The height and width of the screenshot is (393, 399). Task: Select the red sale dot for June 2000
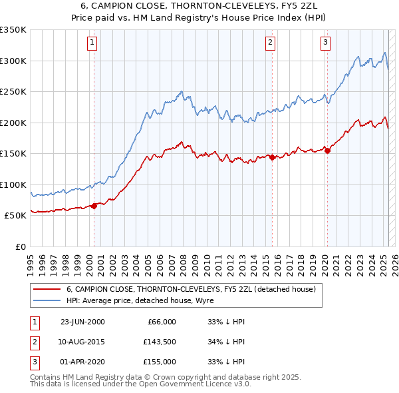coord(94,205)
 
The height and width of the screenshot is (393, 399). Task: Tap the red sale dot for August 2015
coord(271,157)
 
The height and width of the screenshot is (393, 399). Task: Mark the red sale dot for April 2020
coord(327,151)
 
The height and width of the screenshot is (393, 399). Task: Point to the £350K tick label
coord(13,30)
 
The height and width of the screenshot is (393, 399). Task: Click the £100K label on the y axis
coord(13,185)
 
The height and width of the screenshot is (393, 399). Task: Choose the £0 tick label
coord(19,246)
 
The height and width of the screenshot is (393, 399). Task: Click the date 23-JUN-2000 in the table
coord(82,322)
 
